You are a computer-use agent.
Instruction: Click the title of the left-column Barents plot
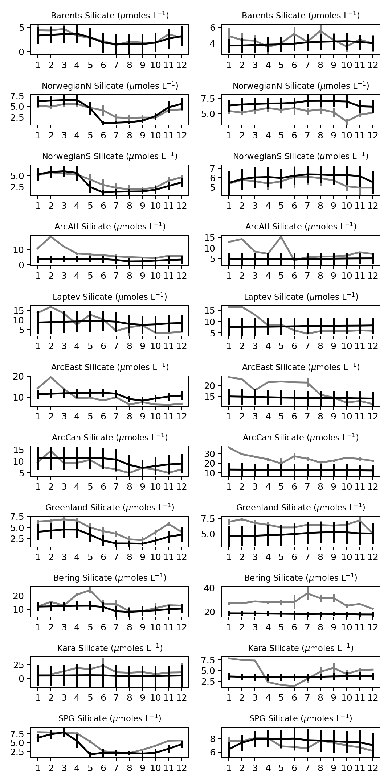tap(110, 16)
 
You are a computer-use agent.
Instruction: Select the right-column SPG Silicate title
tap(301, 718)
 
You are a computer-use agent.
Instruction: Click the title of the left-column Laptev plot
tap(110, 297)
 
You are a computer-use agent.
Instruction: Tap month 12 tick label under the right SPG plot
tap(373, 768)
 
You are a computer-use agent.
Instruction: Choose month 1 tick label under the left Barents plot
tap(38, 65)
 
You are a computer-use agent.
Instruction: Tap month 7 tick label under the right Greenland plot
tap(307, 557)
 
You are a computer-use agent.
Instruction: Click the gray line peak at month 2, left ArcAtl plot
tap(51, 236)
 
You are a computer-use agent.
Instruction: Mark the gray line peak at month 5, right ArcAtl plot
tap(281, 237)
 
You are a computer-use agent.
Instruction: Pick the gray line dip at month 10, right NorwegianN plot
tap(347, 122)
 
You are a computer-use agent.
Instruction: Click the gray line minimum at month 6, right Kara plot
tap(294, 686)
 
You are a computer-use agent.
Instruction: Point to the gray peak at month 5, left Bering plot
tap(90, 590)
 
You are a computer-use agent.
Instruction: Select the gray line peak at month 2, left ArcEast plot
tap(51, 377)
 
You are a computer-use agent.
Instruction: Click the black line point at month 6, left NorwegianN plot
tap(103, 123)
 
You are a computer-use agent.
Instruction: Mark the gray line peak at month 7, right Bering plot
tap(307, 593)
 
